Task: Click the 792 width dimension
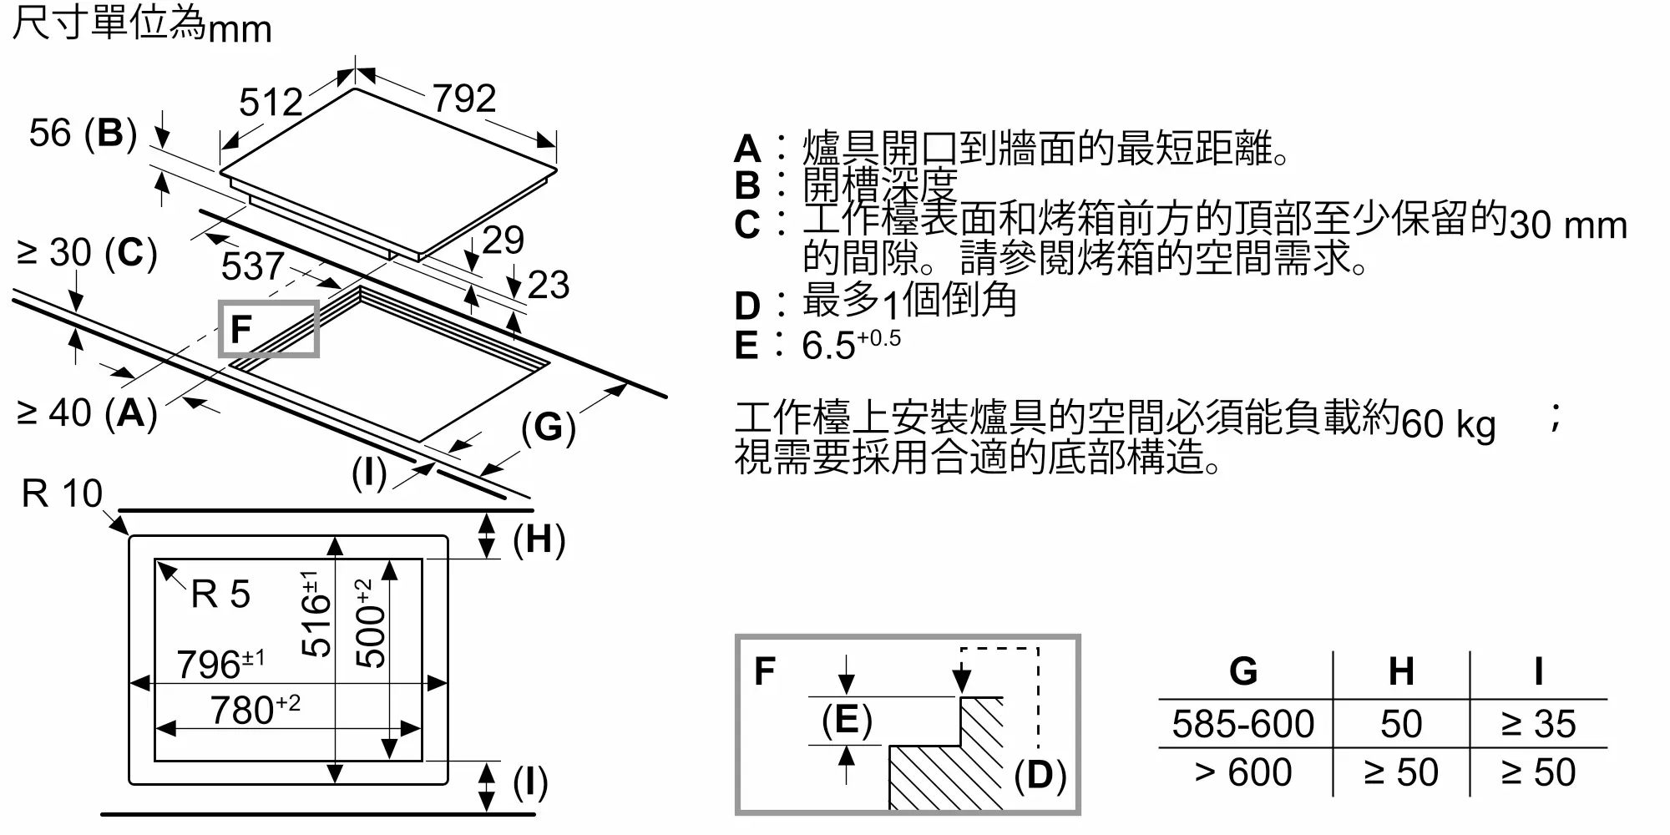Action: click(x=464, y=99)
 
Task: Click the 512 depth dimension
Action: click(x=271, y=103)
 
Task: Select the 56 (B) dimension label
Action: click(x=83, y=134)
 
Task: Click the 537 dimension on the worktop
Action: click(x=252, y=266)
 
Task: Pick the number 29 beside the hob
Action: click(x=504, y=240)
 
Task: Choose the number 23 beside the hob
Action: click(x=549, y=285)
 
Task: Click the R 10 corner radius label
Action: click(x=62, y=493)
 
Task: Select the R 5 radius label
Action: click(x=220, y=595)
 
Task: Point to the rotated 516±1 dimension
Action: click(x=315, y=614)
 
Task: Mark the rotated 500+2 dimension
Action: click(x=370, y=623)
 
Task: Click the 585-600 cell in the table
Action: click(x=1242, y=724)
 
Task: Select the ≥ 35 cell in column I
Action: click(x=1538, y=724)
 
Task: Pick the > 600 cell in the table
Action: click(x=1242, y=772)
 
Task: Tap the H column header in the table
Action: click(x=1401, y=671)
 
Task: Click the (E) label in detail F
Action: click(x=847, y=720)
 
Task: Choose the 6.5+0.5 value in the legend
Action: click(x=851, y=344)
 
